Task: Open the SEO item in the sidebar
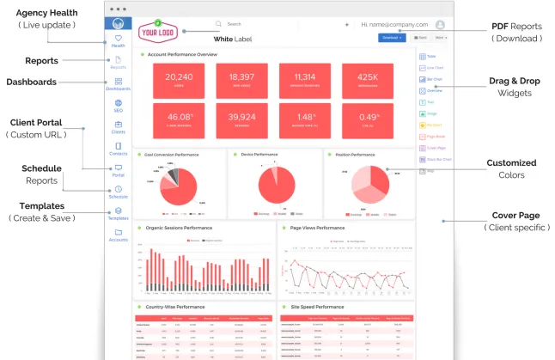(118, 106)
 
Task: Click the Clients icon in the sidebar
(118, 125)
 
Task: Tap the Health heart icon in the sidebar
(118, 39)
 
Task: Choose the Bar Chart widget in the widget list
(429, 78)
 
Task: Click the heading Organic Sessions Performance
(180, 228)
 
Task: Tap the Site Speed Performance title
(317, 306)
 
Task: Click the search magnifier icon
(219, 24)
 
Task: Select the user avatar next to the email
(440, 25)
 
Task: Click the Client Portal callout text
(35, 122)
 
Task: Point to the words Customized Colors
(511, 168)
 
